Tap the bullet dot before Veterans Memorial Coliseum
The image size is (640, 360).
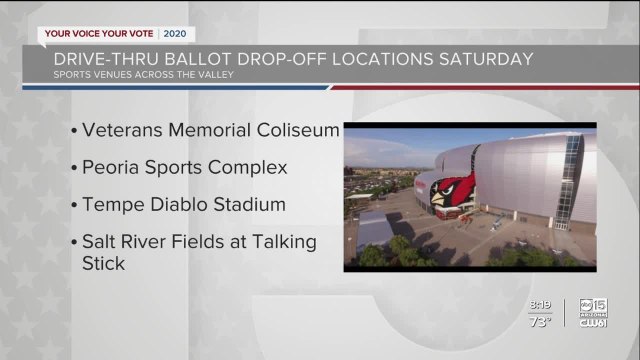(77, 131)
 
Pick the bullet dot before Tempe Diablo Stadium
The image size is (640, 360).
(77, 205)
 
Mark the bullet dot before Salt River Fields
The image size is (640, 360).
(77, 242)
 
